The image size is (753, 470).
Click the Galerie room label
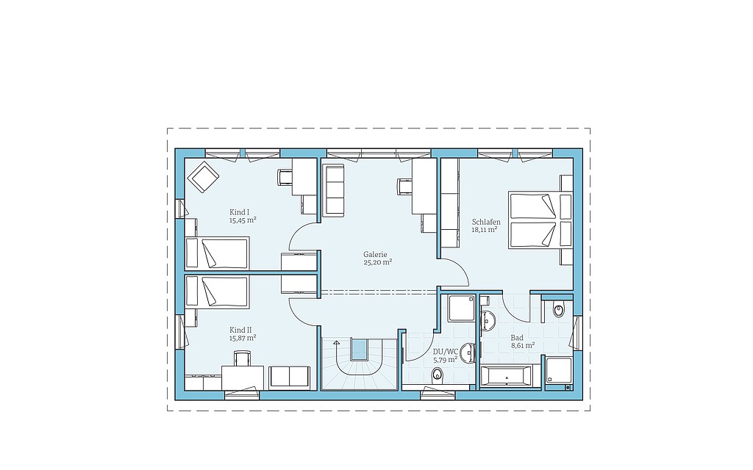[x=375, y=255]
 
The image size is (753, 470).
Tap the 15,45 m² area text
[x=243, y=220]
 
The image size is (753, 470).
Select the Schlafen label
[x=486, y=222]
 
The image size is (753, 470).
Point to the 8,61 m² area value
[x=523, y=345]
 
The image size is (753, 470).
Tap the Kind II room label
[x=240, y=330]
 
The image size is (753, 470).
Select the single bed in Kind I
[x=217, y=253]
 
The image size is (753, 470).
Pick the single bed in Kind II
[x=217, y=292]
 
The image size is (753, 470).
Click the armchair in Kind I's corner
[x=203, y=176]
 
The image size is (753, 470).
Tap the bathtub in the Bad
[x=506, y=375]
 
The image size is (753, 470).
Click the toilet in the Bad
[x=559, y=310]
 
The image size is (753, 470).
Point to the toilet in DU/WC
[x=437, y=374]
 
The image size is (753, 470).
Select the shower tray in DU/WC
[x=462, y=308]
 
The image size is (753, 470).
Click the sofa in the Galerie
[x=334, y=189]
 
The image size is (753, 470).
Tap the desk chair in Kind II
[x=242, y=358]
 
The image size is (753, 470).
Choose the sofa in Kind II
[x=289, y=377]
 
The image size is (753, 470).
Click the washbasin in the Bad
[x=488, y=320]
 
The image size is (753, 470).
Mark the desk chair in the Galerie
[x=404, y=187]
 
